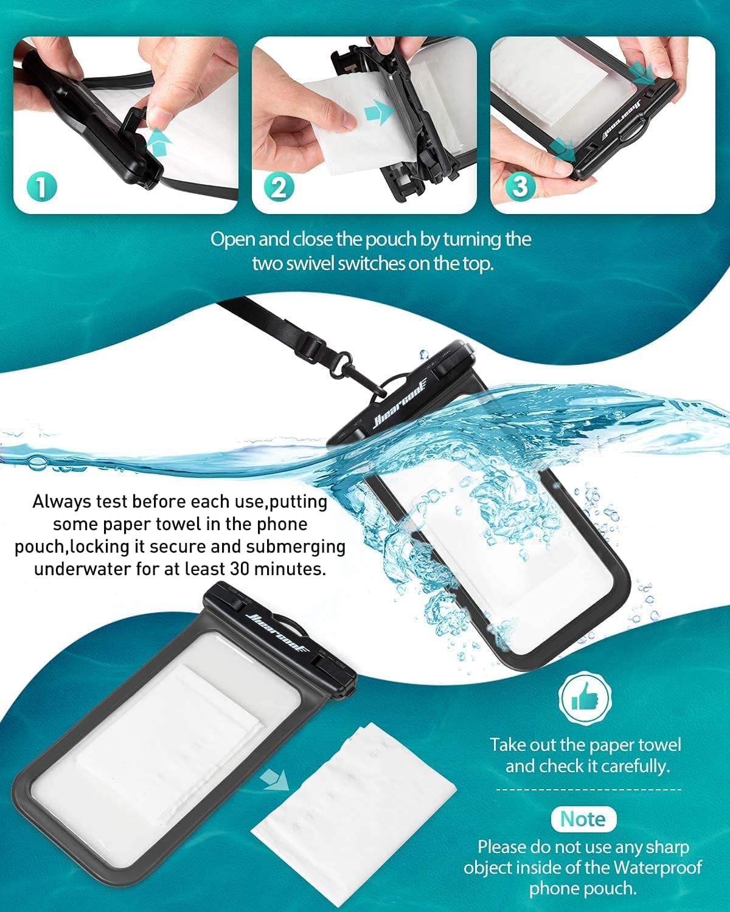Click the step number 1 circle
[41, 187]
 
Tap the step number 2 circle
[279, 187]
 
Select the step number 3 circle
[520, 186]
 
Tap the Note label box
[583, 819]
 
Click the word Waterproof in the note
[658, 867]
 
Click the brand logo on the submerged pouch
[394, 402]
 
